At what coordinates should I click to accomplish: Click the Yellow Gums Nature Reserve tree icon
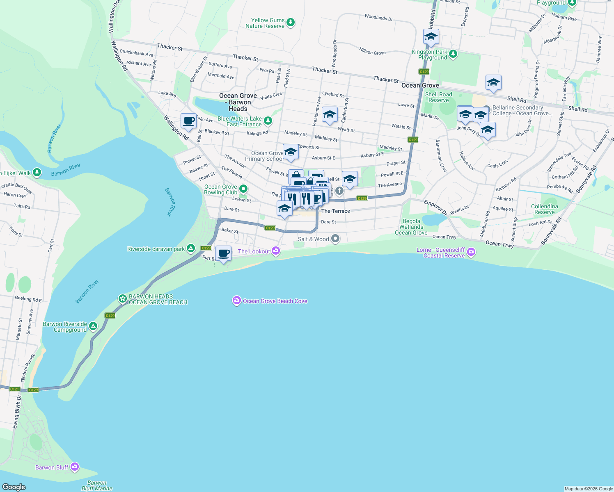pos(291,22)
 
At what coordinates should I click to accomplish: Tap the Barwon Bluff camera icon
pos(74,467)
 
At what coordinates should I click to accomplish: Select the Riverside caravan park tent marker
pos(190,248)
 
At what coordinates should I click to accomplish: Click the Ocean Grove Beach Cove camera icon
pos(236,301)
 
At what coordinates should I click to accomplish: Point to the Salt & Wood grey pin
pos(335,238)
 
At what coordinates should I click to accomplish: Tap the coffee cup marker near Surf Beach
pos(223,253)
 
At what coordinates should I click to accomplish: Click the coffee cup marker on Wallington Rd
pos(189,121)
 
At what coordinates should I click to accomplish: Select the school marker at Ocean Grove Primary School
pos(291,152)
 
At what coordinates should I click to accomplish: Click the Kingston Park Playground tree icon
pos(453,54)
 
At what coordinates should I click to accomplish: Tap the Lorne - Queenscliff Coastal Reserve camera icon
pos(471,252)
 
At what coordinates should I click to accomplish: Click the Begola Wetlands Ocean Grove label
pos(411,227)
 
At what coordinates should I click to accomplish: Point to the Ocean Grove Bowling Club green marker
pos(243,189)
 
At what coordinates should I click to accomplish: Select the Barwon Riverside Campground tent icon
pos(93,326)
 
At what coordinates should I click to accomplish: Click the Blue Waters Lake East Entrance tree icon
pos(268,121)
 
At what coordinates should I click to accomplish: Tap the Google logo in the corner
pos(14,487)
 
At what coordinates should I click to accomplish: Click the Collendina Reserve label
pos(544,209)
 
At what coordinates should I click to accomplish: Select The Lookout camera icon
pos(276,251)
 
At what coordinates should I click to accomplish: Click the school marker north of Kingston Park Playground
pos(431,37)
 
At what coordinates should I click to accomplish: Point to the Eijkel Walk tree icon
pos(37,172)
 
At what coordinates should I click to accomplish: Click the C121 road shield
pos(14,389)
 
